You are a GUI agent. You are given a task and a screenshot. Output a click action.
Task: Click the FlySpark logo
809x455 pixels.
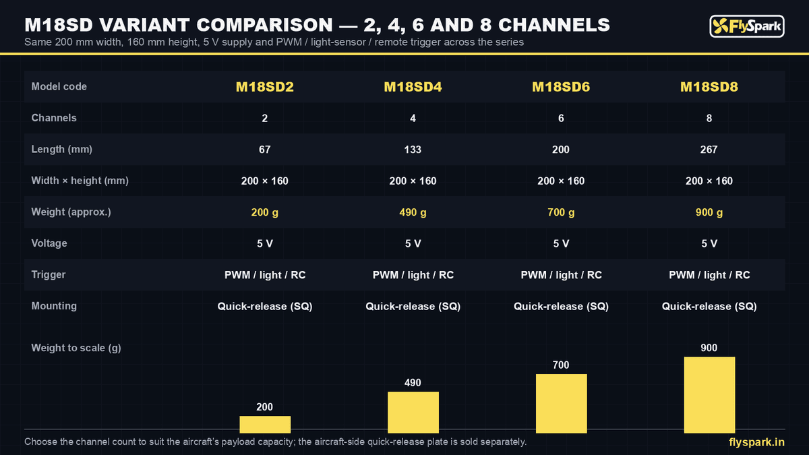click(747, 26)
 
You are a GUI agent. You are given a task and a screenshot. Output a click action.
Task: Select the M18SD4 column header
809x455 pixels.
click(413, 87)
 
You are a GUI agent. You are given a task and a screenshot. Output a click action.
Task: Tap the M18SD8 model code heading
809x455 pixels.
click(709, 87)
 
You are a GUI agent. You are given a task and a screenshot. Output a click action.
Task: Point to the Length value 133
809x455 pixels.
click(413, 150)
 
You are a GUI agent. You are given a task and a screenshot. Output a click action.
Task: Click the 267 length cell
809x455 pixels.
click(709, 150)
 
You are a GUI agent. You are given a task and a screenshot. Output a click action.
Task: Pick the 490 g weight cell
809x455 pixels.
click(413, 212)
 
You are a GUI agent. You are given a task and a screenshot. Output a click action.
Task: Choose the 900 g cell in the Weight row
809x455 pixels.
click(709, 212)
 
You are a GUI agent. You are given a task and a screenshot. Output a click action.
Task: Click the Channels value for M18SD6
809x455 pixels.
click(561, 119)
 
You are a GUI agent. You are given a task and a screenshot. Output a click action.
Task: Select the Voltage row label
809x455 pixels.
click(49, 243)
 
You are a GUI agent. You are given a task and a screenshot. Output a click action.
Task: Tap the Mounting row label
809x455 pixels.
click(54, 306)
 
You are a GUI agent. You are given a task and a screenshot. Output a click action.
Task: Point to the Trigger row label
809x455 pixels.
click(49, 275)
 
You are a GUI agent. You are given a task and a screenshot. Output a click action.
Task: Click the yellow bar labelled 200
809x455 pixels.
click(265, 424)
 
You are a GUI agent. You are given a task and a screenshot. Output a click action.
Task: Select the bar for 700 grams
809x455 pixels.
click(561, 403)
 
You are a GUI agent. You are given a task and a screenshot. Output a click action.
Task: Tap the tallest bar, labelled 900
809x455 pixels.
click(709, 395)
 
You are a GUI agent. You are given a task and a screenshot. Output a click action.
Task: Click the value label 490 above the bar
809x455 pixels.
click(413, 383)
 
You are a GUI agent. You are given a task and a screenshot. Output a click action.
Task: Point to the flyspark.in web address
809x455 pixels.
click(756, 442)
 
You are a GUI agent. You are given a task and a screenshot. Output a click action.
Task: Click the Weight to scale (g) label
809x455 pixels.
click(76, 348)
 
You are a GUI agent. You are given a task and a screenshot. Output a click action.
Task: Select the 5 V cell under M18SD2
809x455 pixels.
click(265, 244)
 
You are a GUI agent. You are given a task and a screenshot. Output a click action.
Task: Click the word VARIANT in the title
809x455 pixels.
click(144, 26)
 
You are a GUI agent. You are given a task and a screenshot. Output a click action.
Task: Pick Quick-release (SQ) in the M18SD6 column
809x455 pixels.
click(561, 307)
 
